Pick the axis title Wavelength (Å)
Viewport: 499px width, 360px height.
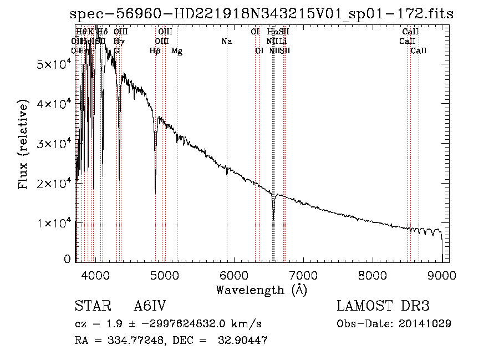[261, 290]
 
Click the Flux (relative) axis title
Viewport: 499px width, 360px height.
[24, 145]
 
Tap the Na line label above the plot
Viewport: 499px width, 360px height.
[226, 42]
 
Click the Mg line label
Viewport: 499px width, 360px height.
[177, 51]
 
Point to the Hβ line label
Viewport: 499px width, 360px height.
[155, 51]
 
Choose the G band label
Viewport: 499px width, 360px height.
[116, 51]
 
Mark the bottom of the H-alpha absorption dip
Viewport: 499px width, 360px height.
[273, 219]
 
